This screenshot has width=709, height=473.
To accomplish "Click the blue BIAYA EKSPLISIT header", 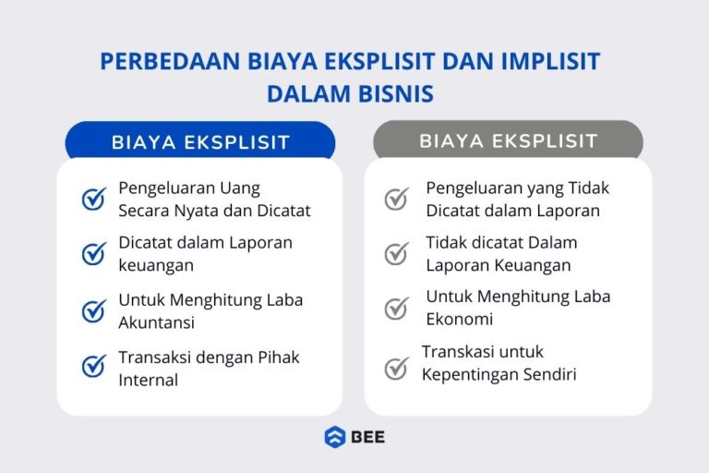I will tap(200, 142).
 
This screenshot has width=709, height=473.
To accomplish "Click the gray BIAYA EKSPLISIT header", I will tap(508, 141).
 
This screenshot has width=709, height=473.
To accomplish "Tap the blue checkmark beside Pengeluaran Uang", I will tap(94, 199).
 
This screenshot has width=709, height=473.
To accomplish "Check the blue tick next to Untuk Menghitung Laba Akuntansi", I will tap(94, 310).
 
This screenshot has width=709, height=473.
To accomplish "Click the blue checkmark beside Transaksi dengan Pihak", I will tap(94, 366).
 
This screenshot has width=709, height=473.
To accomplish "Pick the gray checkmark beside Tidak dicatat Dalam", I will tap(397, 253).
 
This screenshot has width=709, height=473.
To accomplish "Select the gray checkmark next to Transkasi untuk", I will tap(397, 368).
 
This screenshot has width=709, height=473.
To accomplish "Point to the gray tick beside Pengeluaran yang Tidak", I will tap(397, 199).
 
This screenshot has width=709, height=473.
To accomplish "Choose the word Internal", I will tap(148, 380).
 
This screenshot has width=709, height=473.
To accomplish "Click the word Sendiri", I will tap(543, 374).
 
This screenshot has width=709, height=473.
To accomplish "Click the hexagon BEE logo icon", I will tap(334, 437).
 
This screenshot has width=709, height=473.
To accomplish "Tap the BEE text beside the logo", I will tap(367, 437).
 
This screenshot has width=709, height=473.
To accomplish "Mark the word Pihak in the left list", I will tap(278, 358).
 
